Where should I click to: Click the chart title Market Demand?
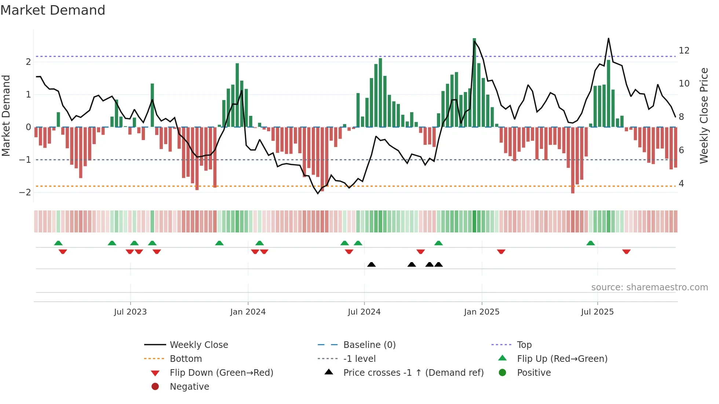click(x=53, y=10)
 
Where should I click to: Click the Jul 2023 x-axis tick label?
click(x=130, y=312)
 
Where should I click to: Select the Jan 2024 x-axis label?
click(x=248, y=312)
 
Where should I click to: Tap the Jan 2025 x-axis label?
click(x=481, y=312)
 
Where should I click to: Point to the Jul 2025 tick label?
click(x=597, y=312)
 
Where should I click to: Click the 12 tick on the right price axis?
click(x=684, y=51)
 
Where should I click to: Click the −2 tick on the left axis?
click(x=25, y=192)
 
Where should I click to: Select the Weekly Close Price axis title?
click(x=704, y=115)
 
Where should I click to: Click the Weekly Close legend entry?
click(x=198, y=345)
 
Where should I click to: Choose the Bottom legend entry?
click(x=186, y=359)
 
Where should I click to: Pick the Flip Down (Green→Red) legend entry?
click(x=221, y=373)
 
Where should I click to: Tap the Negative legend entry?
click(x=189, y=387)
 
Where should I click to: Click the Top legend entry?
click(x=524, y=345)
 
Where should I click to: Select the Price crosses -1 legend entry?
click(x=413, y=373)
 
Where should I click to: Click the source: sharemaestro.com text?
click(x=649, y=287)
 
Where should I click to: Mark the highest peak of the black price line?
click(x=608, y=38)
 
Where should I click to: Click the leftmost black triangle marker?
click(x=371, y=264)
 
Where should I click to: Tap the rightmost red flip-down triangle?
click(x=626, y=251)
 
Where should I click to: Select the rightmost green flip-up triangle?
click(x=590, y=243)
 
